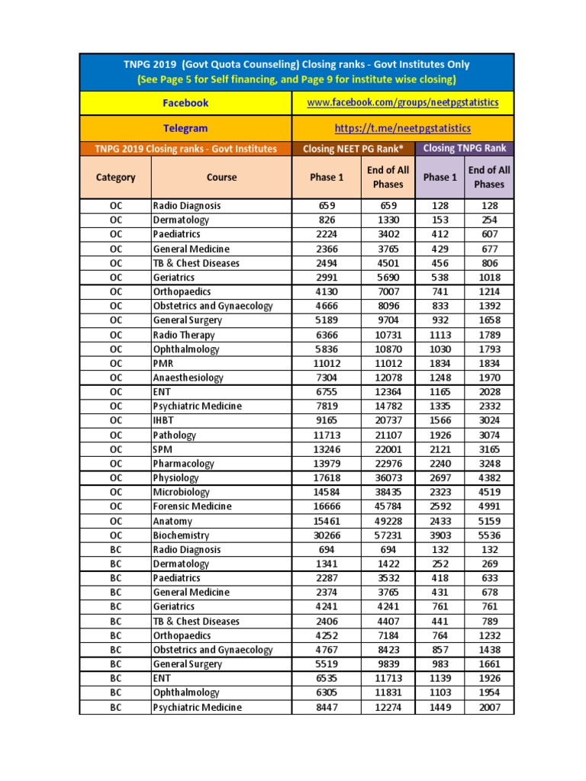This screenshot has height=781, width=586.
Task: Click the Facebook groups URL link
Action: (x=402, y=103)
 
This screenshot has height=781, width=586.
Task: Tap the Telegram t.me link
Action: (x=402, y=128)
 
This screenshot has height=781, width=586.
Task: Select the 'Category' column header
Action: (x=115, y=177)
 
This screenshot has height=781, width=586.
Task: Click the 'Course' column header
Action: (x=221, y=177)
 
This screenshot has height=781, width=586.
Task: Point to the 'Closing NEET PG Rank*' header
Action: (x=353, y=149)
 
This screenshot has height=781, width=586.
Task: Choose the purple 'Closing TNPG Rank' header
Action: (x=465, y=148)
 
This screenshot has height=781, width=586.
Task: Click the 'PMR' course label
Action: (x=163, y=364)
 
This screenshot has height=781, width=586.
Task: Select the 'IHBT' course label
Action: (x=164, y=421)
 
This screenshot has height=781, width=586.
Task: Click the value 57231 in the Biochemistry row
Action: (x=388, y=535)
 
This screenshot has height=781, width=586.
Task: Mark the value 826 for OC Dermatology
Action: (x=327, y=220)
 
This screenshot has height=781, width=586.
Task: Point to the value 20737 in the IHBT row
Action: (x=388, y=421)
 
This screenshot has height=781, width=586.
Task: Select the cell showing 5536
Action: (x=488, y=535)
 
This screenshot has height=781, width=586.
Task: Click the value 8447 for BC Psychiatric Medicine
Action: (x=327, y=707)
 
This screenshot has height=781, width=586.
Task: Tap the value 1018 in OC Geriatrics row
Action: (x=488, y=278)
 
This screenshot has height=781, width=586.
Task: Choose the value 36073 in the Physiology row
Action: (x=388, y=478)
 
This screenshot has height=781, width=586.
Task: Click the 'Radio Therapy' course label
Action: (x=184, y=335)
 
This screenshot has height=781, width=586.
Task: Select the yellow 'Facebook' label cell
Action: (x=185, y=103)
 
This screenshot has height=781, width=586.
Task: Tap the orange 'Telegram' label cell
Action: (x=185, y=128)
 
